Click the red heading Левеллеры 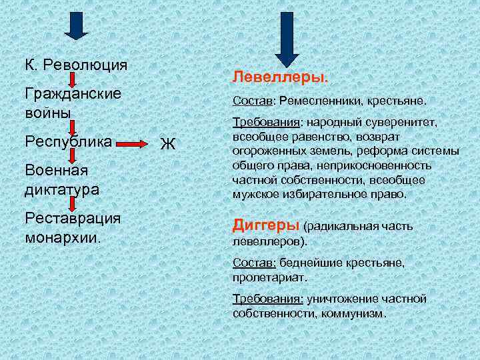280,77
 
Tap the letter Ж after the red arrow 168,143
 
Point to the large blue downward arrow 287,37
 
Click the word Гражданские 72,93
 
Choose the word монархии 63,237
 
